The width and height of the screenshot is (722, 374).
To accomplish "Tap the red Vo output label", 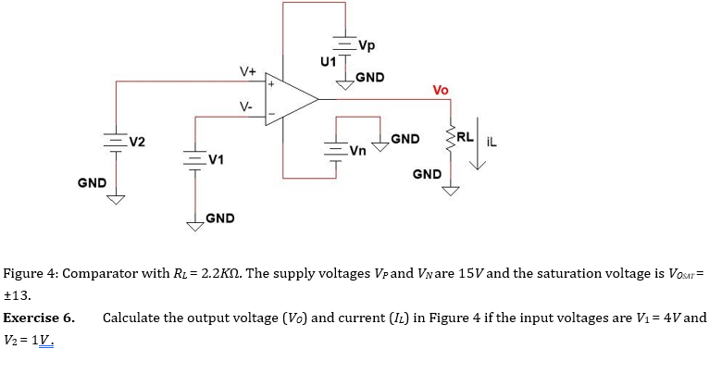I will coord(441,90).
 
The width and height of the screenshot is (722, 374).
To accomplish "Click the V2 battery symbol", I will coord(116,143).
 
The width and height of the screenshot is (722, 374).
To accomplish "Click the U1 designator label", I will coord(326,62).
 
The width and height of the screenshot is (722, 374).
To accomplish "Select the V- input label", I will coord(246,107).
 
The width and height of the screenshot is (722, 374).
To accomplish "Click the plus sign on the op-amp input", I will coord(271,84).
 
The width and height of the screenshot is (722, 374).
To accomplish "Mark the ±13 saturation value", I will coord(19,296).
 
